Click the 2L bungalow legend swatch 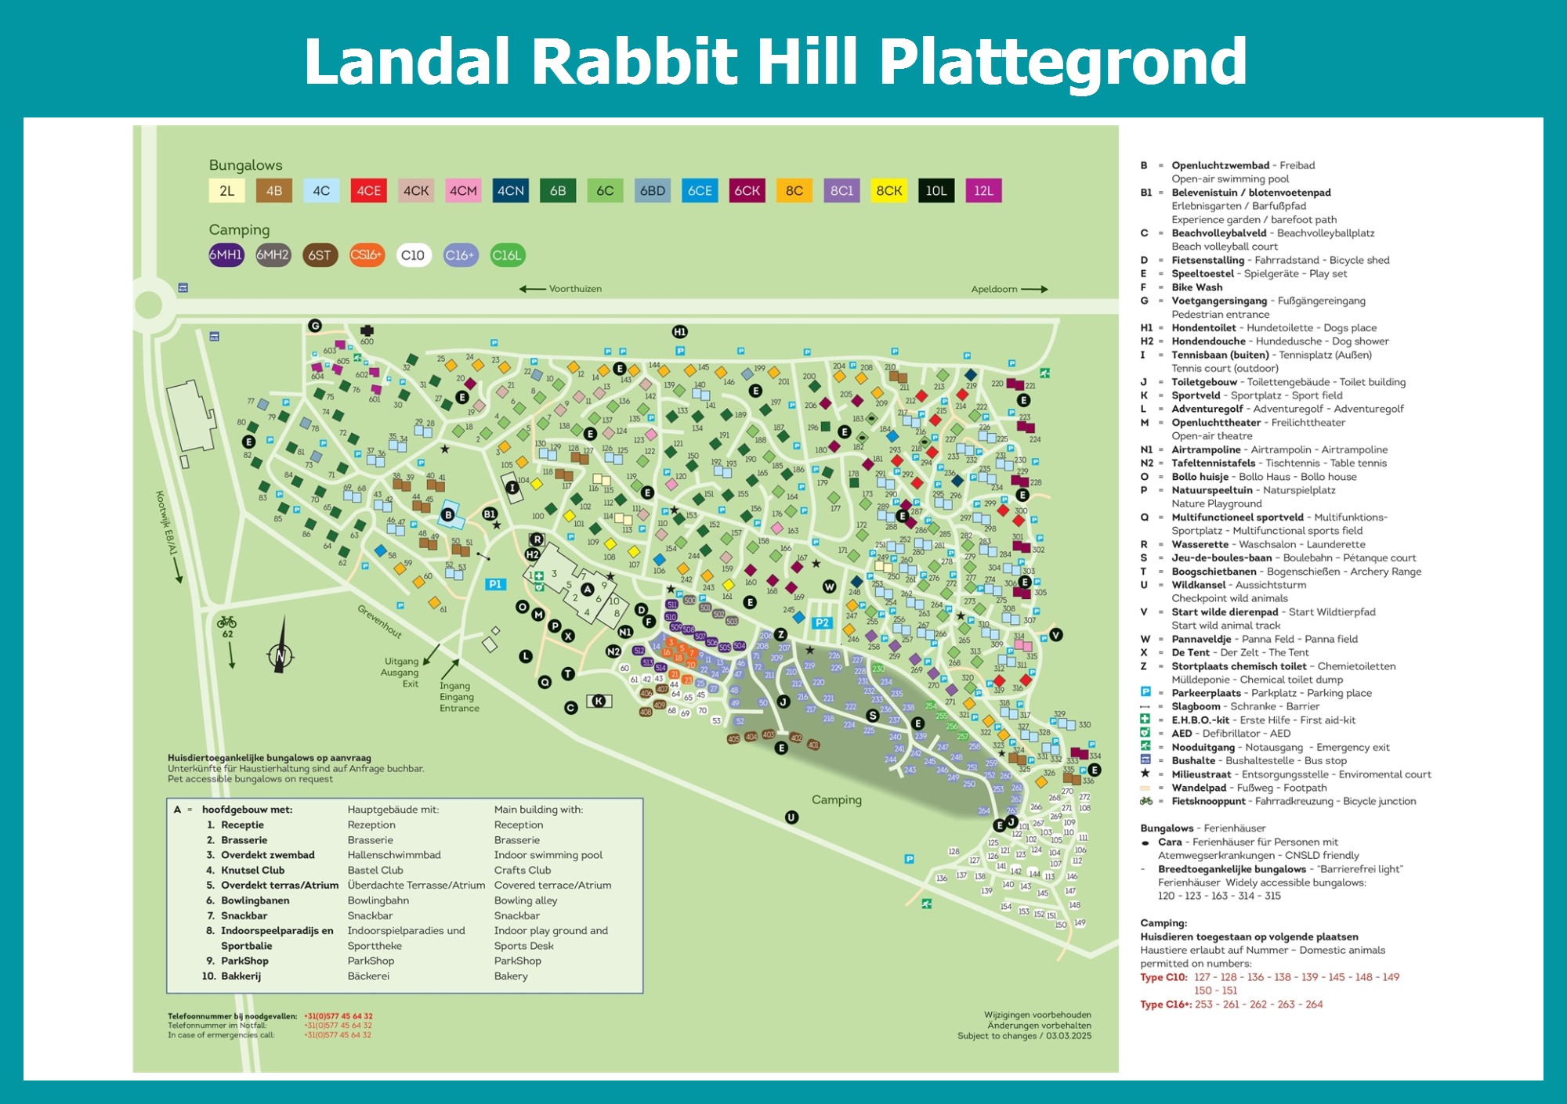click(226, 190)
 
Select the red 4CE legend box click(368, 190)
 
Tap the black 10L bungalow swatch click(935, 190)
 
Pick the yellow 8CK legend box click(888, 190)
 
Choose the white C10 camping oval click(413, 255)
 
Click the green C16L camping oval click(507, 255)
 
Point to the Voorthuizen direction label click(574, 289)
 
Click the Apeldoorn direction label click(994, 289)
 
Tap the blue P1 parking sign click(495, 584)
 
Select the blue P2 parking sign click(822, 623)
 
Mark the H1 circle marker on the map click(679, 332)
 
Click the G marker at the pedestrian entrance click(315, 326)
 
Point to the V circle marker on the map click(1056, 635)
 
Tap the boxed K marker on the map click(599, 701)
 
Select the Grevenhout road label click(380, 622)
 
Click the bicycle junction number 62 click(227, 634)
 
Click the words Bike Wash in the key click(1196, 287)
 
